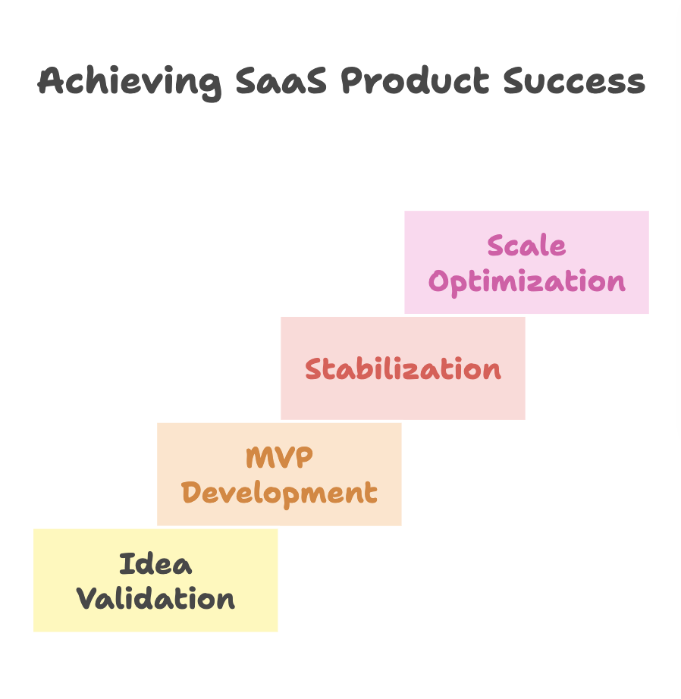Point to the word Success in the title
point(574,81)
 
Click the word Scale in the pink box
point(526,246)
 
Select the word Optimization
point(526,282)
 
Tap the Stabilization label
point(403,369)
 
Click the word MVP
point(279,458)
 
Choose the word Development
point(279,494)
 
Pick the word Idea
point(155,564)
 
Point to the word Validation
point(155,600)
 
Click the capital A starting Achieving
point(50,81)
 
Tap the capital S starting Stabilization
point(314,369)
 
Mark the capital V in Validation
point(86,599)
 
